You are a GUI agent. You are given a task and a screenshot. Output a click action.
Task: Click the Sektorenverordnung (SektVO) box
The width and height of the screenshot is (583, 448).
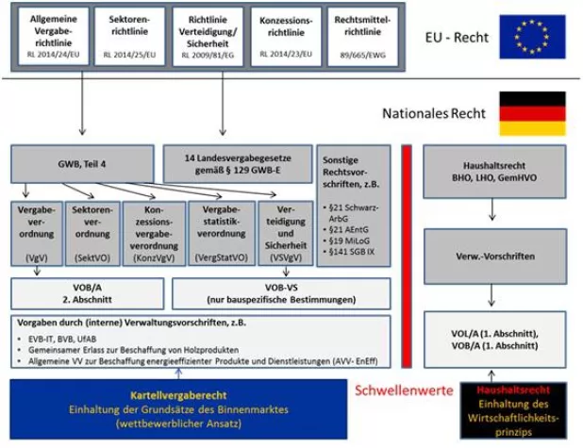pos(92,231)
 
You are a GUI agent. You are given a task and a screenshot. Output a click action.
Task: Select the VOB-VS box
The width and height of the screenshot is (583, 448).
pos(280,291)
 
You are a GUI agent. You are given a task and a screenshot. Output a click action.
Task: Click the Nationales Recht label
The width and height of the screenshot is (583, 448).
pos(434,113)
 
